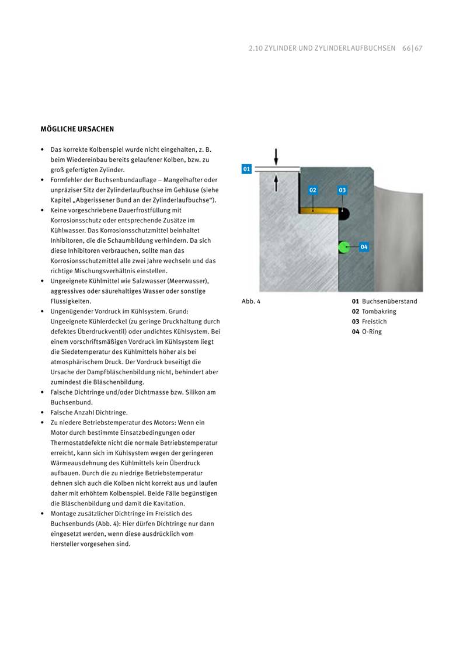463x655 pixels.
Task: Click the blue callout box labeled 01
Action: pyautogui.click(x=246, y=169)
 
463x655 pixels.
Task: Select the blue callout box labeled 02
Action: pyautogui.click(x=313, y=190)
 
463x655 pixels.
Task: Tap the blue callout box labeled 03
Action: pyautogui.click(x=342, y=190)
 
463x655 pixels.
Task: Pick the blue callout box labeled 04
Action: pyautogui.click(x=364, y=247)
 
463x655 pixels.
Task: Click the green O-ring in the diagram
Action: pyautogui.click(x=343, y=247)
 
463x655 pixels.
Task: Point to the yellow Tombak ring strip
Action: pyautogui.click(x=318, y=211)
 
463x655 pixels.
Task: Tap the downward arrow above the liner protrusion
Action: pyautogui.click(x=276, y=156)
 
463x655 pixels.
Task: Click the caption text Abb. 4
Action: pyautogui.click(x=251, y=301)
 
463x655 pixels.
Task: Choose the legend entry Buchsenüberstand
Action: pyautogui.click(x=389, y=301)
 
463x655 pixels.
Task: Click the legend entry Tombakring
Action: pyautogui.click(x=378, y=312)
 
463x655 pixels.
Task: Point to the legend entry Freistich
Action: pyautogui.click(x=374, y=322)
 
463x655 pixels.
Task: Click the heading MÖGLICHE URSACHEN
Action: pyautogui.click(x=77, y=129)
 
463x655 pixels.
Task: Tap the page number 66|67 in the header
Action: pyautogui.click(x=412, y=48)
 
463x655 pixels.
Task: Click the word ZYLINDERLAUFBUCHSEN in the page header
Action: pyautogui.click(x=359, y=48)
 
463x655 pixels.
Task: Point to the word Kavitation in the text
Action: pyautogui.click(x=168, y=503)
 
